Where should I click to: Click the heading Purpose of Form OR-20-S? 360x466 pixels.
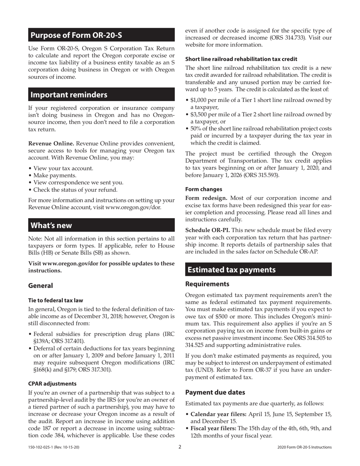coord(76,35)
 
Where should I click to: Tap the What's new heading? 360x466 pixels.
coord(51,225)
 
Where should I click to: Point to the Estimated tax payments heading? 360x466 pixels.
coord(232,270)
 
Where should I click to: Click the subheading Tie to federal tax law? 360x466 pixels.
coord(56,300)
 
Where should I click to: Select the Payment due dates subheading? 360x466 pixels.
coord(215,392)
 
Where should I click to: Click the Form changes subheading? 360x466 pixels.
coord(203,189)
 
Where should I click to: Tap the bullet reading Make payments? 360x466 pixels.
coord(55,175)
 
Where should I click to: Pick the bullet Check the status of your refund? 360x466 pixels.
coord(75,190)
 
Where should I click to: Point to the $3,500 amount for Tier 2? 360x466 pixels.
coord(199,115)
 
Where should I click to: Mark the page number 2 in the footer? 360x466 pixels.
coord(180,447)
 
